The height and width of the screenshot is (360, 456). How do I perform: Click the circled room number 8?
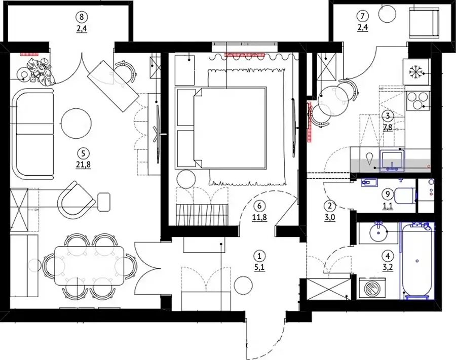coord(82,17)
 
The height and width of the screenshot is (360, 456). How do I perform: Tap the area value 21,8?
coord(83,165)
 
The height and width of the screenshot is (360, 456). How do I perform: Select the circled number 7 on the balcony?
coord(362,16)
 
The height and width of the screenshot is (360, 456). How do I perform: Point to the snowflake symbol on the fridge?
coord(415,72)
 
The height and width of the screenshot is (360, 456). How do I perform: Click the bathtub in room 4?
coord(417,261)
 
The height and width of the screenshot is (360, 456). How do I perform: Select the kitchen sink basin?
coord(392,159)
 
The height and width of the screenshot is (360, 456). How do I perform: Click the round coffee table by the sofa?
coord(76,124)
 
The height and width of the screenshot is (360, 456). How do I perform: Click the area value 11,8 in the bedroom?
coord(260,217)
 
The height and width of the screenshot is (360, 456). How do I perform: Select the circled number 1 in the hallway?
coord(259,256)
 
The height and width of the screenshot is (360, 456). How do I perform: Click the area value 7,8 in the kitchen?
coord(388,127)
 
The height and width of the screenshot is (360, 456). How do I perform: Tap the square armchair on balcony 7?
coord(424,23)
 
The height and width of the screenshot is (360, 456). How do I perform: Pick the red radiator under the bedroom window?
coord(245,54)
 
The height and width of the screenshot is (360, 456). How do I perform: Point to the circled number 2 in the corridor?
coord(329,206)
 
